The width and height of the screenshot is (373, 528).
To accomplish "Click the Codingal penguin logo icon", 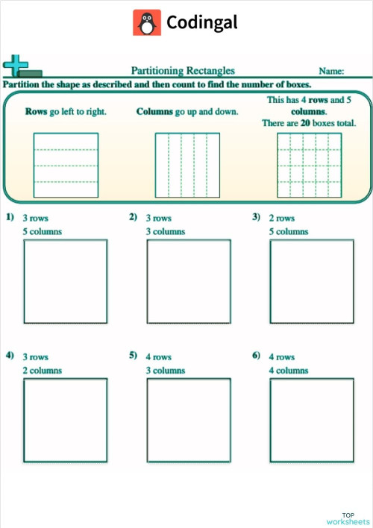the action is click(x=147, y=23).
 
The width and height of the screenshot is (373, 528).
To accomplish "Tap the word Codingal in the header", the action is click(x=202, y=23).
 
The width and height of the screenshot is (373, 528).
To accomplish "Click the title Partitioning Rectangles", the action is click(x=183, y=71).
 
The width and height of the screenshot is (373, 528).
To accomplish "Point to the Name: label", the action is click(x=331, y=72).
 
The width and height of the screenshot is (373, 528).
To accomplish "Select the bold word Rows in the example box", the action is click(x=36, y=112).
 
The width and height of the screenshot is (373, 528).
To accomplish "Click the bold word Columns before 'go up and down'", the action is click(x=155, y=112).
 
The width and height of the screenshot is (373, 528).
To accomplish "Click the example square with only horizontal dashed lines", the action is click(x=66, y=165).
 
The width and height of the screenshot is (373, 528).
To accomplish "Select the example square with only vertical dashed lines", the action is click(x=186, y=165).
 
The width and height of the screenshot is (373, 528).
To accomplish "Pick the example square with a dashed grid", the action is click(x=309, y=165).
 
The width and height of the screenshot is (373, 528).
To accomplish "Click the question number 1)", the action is click(x=10, y=217).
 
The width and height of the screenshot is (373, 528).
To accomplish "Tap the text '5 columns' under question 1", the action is click(x=43, y=231).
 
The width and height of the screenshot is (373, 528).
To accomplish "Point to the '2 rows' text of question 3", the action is click(x=282, y=219).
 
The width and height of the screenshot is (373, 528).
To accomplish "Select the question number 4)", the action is click(x=10, y=356).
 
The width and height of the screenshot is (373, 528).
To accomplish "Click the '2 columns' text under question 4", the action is click(x=43, y=370).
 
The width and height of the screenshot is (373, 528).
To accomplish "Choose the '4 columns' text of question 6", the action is click(x=289, y=370).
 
